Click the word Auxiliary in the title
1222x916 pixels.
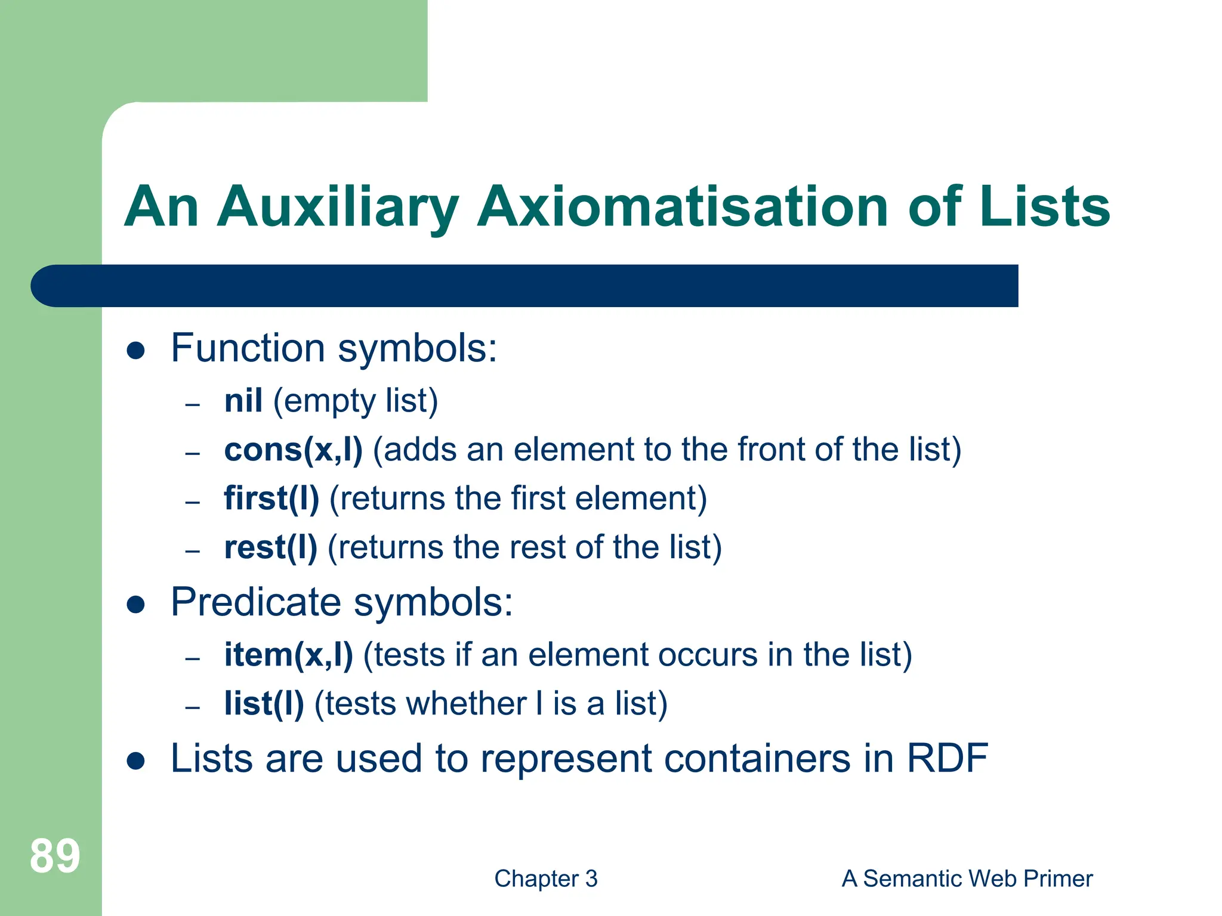coord(338,207)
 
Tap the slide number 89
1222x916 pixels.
coord(55,856)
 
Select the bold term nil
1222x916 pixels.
coord(243,401)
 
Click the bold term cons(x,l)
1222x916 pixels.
coord(293,450)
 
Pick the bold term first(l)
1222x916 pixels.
coord(271,499)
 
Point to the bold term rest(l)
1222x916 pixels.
coord(270,547)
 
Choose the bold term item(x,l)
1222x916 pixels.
coord(288,655)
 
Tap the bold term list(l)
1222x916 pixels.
coord(264,704)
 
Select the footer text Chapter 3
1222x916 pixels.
coord(545,878)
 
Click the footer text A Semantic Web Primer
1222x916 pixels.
coord(967,878)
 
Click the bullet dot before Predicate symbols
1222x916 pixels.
coord(136,604)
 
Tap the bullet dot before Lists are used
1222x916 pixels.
coord(136,761)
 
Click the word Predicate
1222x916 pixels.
coord(255,602)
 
